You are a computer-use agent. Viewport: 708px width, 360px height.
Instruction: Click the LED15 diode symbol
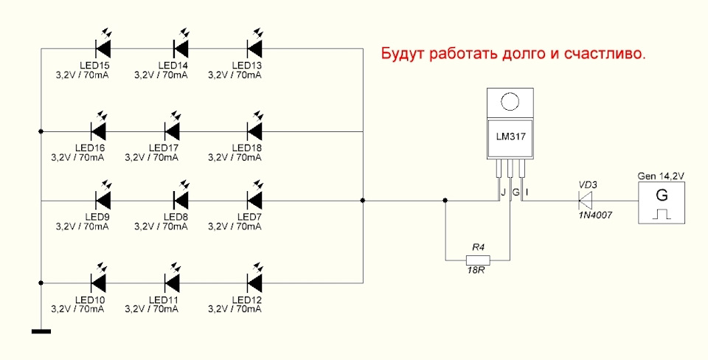point(104,49)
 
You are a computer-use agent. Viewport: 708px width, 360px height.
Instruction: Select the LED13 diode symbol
point(254,49)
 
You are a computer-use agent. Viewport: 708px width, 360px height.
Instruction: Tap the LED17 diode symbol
point(173,131)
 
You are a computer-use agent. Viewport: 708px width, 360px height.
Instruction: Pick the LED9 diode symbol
point(104,200)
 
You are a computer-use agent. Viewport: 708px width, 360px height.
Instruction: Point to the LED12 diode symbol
point(254,282)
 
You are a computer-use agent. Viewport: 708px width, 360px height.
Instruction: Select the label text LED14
point(174,66)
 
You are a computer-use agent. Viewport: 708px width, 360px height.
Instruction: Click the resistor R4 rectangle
point(476,260)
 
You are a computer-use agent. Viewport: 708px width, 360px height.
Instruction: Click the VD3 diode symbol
point(586,200)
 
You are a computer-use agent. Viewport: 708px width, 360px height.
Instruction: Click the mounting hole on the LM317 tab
point(509,100)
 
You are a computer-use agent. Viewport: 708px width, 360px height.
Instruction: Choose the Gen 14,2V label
point(661,176)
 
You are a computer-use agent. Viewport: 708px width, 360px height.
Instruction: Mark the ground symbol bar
point(41,330)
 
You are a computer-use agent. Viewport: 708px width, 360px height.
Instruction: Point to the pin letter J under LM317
point(503,193)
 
